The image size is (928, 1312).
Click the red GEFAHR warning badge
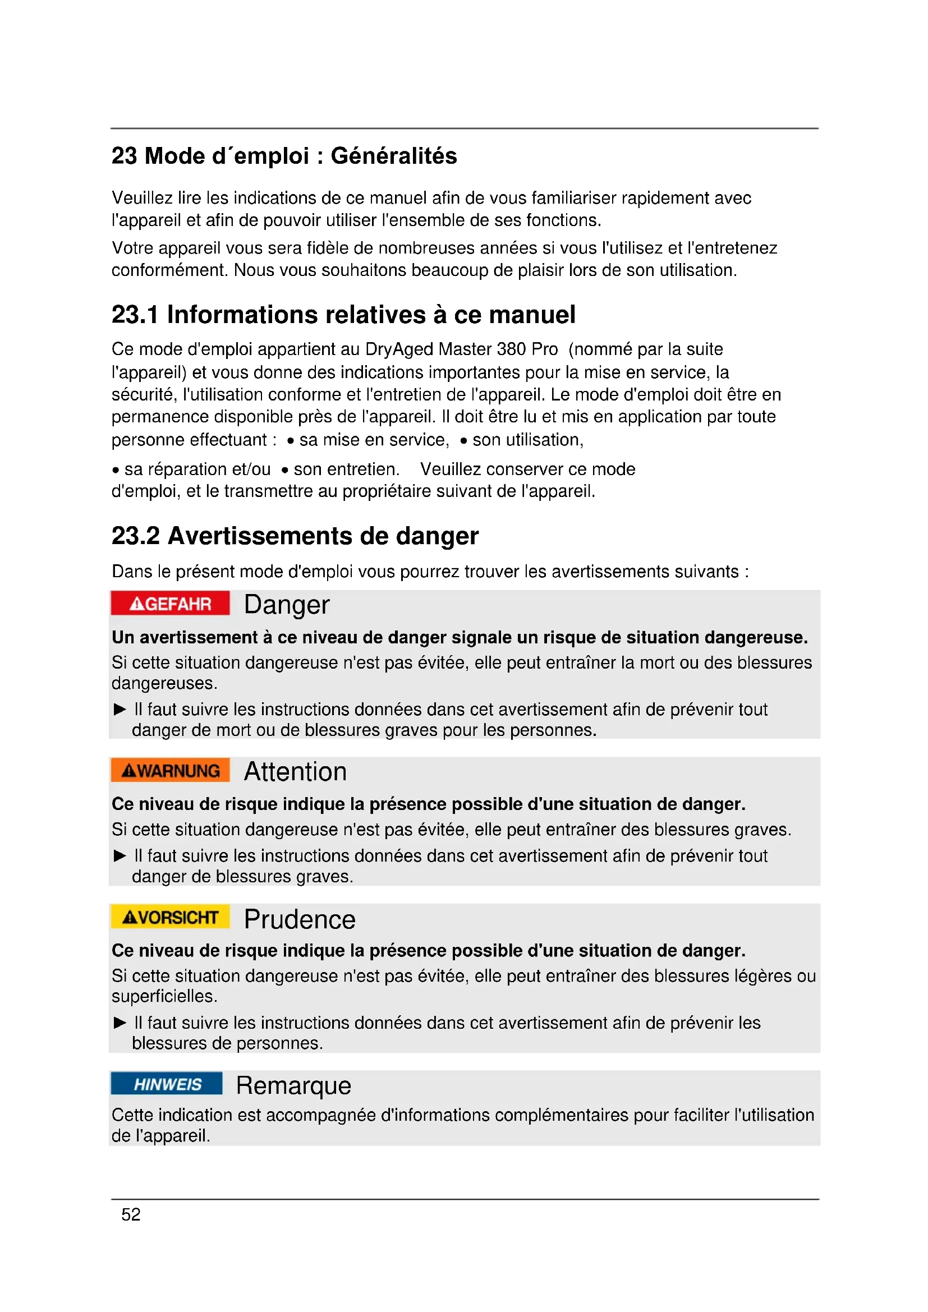coord(171,604)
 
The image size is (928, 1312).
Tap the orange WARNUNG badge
coord(171,770)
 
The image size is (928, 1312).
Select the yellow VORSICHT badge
coord(171,917)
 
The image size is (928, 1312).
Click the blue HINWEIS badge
coord(167,1084)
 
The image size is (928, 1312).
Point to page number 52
coord(131,1214)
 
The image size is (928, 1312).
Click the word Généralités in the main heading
coord(394,156)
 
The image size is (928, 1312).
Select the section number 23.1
coord(134,315)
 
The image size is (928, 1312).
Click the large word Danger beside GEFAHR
coord(287,605)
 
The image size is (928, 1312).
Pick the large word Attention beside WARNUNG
coord(296,771)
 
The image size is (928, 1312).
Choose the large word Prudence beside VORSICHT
coord(300,919)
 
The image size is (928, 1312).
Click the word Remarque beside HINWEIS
coord(293,1086)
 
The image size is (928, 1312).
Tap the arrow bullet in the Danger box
coord(120,710)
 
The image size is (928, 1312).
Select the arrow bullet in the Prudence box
coord(120,1023)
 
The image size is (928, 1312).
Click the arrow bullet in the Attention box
coord(120,856)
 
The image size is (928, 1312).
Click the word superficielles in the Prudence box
coord(163,997)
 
